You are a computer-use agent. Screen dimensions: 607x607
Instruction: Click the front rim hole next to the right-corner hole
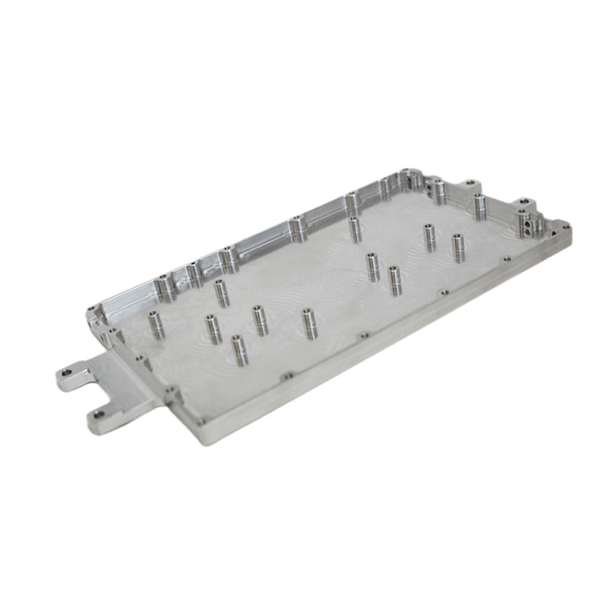507,259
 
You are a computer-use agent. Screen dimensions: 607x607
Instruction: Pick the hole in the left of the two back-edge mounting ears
469,183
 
